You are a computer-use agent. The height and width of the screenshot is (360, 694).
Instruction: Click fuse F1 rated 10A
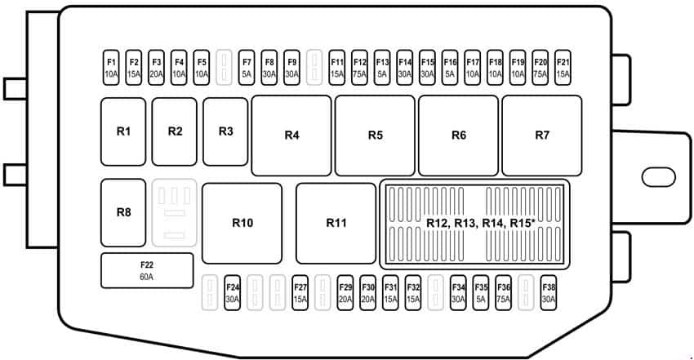(x=111, y=67)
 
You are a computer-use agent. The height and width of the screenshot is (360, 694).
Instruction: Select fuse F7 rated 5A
(x=247, y=67)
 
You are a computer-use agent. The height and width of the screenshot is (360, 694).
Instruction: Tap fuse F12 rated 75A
(x=359, y=67)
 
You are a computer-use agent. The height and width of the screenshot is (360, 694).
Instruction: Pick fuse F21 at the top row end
(x=563, y=67)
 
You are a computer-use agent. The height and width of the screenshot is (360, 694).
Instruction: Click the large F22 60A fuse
(x=147, y=271)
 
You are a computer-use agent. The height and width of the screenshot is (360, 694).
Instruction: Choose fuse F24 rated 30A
(x=233, y=293)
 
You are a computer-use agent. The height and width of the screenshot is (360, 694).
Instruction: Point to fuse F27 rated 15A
(x=300, y=293)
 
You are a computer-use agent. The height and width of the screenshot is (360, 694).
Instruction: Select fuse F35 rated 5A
(x=481, y=293)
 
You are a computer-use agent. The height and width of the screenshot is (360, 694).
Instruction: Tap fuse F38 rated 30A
(x=549, y=293)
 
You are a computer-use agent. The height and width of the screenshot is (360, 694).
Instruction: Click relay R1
(x=123, y=131)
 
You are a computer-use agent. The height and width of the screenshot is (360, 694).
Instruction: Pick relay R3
(x=225, y=131)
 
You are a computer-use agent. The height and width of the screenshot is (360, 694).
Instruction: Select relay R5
(x=375, y=136)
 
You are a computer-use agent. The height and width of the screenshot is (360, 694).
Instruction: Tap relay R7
(x=542, y=136)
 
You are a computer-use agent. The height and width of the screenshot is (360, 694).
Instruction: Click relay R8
(x=123, y=213)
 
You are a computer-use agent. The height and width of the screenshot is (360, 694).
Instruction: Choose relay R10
(x=242, y=224)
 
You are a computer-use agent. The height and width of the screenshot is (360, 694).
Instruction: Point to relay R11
(x=336, y=224)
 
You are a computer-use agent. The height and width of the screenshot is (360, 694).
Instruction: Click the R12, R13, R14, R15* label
(x=481, y=224)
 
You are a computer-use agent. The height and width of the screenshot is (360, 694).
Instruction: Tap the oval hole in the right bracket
(x=659, y=177)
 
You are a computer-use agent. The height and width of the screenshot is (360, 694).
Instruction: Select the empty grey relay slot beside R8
(x=175, y=213)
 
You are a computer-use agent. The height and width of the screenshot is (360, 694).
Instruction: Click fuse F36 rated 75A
(x=503, y=293)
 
